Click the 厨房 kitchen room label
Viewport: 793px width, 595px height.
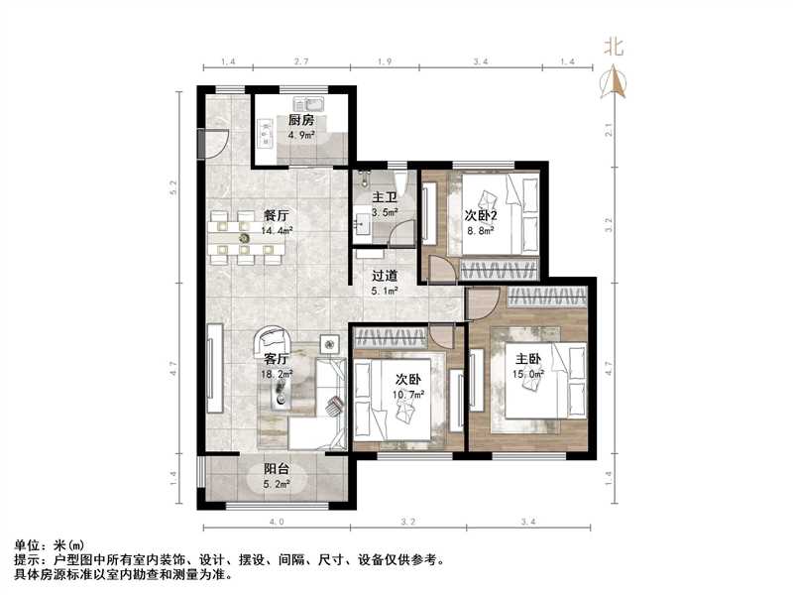[300, 120]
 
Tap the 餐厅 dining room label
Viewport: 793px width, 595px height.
[277, 215]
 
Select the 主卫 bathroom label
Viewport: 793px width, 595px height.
[384, 197]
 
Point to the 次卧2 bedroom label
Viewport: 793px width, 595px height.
[482, 215]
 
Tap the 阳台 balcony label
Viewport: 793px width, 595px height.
[277, 470]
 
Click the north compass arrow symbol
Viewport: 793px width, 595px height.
[616, 81]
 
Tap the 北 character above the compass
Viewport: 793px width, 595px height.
[615, 46]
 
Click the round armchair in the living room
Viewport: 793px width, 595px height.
[271, 342]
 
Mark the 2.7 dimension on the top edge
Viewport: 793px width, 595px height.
[300, 62]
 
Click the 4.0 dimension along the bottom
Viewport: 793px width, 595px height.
[277, 521]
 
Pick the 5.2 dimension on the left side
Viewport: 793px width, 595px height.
[174, 185]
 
